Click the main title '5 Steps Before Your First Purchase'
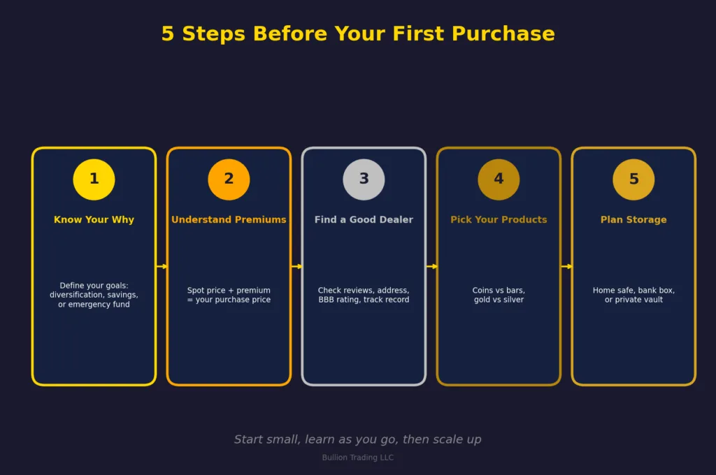[358, 34]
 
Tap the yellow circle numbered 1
[94, 180]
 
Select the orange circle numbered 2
[229, 180]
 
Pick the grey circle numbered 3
[364, 180]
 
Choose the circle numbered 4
[499, 180]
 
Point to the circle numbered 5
[633, 180]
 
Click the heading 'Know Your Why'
[94, 220]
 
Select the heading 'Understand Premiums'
[229, 220]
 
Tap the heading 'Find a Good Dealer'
[364, 220]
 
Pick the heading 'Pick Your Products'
[499, 220]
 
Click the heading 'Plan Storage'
[633, 220]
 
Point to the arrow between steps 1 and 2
[162, 266]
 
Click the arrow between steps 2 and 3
[296, 266]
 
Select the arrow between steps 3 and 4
[431, 266]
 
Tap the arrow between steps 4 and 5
[566, 266]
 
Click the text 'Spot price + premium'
[229, 291]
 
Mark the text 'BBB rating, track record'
[364, 300]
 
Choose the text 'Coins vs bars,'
[499, 291]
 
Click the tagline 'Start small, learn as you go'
[358, 439]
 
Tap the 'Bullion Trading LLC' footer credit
[358, 458]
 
